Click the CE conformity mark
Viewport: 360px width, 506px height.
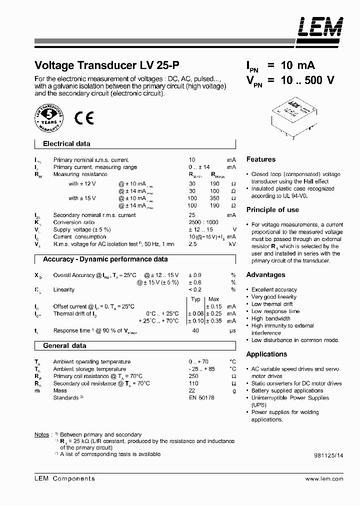click(x=83, y=117)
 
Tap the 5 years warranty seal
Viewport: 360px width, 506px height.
click(x=48, y=118)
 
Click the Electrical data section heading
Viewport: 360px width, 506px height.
click(x=66, y=144)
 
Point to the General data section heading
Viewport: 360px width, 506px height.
click(x=64, y=345)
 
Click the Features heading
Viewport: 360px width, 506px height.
click(x=260, y=159)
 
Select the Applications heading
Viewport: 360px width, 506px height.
click(x=266, y=354)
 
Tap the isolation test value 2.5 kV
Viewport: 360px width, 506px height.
click(x=192, y=244)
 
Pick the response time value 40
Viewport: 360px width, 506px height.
click(x=196, y=330)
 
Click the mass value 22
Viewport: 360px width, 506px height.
click(x=192, y=390)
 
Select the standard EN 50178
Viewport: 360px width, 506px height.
click(x=201, y=397)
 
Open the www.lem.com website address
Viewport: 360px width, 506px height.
click(x=323, y=478)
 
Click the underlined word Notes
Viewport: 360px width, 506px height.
click(x=41, y=434)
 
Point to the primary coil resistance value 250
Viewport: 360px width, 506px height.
click(x=193, y=376)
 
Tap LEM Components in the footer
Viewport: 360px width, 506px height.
click(x=64, y=478)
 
